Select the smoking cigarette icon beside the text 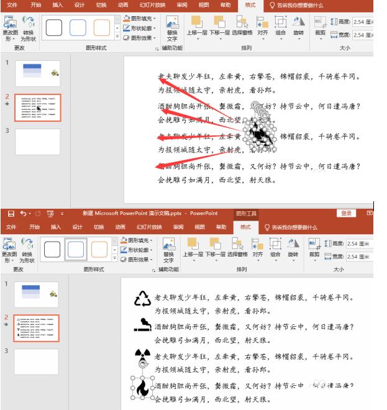(x=142, y=324)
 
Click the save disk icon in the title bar (x=10, y=214)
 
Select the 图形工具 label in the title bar (x=245, y=214)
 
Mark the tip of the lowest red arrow (x=155, y=165)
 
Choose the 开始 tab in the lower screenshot (x=35, y=227)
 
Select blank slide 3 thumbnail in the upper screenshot (x=37, y=140)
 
